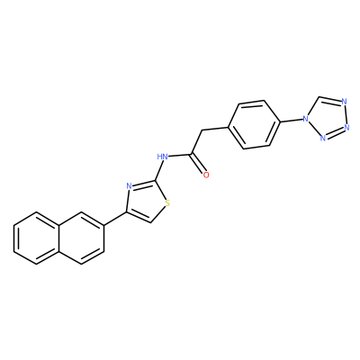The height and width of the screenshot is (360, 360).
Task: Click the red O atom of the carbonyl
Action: pyautogui.click(x=206, y=175)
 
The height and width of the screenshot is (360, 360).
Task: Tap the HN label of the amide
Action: pyautogui.click(x=162, y=157)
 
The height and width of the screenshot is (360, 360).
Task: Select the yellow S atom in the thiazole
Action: pyautogui.click(x=167, y=203)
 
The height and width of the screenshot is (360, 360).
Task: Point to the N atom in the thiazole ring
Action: pyautogui.click(x=130, y=186)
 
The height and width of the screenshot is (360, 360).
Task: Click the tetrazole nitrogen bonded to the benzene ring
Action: pyautogui.click(x=306, y=119)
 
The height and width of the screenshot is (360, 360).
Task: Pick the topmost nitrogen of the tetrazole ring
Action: pyautogui.click(x=344, y=102)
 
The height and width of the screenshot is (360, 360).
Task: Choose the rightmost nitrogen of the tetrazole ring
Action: pyautogui.click(x=347, y=127)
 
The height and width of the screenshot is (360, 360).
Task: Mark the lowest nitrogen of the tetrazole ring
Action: pyautogui.click(x=323, y=139)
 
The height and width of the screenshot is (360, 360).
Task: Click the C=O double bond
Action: pyautogui.click(x=199, y=164)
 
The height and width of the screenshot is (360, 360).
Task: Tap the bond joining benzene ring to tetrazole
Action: pyautogui.click(x=292, y=121)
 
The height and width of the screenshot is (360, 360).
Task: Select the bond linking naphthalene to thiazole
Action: pyautogui.click(x=115, y=219)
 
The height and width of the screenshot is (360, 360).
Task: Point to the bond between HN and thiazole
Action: pyautogui.click(x=159, y=170)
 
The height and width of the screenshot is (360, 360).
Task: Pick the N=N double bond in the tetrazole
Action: pyautogui.click(x=335, y=133)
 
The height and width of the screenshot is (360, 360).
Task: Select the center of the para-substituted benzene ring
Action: pyautogui.click(x=255, y=124)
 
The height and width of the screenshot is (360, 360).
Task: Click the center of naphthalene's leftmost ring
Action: pyautogui.click(x=37, y=238)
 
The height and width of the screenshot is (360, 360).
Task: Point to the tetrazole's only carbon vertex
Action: pyautogui.click(x=319, y=97)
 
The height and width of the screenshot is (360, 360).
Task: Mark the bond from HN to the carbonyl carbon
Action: pyautogui.click(x=179, y=155)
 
